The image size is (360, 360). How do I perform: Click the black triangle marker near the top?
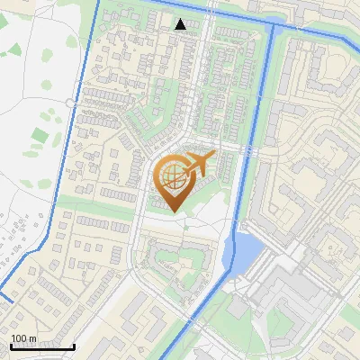click(x=181, y=24)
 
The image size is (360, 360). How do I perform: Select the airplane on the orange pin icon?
click(x=196, y=165)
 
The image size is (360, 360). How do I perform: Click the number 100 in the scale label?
click(x=20, y=338)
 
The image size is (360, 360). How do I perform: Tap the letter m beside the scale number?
click(x=33, y=338)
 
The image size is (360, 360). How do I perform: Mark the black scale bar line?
click(x=42, y=346)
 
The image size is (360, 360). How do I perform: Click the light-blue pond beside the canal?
click(x=245, y=249)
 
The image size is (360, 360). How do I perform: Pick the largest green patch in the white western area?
click(x=40, y=138)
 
